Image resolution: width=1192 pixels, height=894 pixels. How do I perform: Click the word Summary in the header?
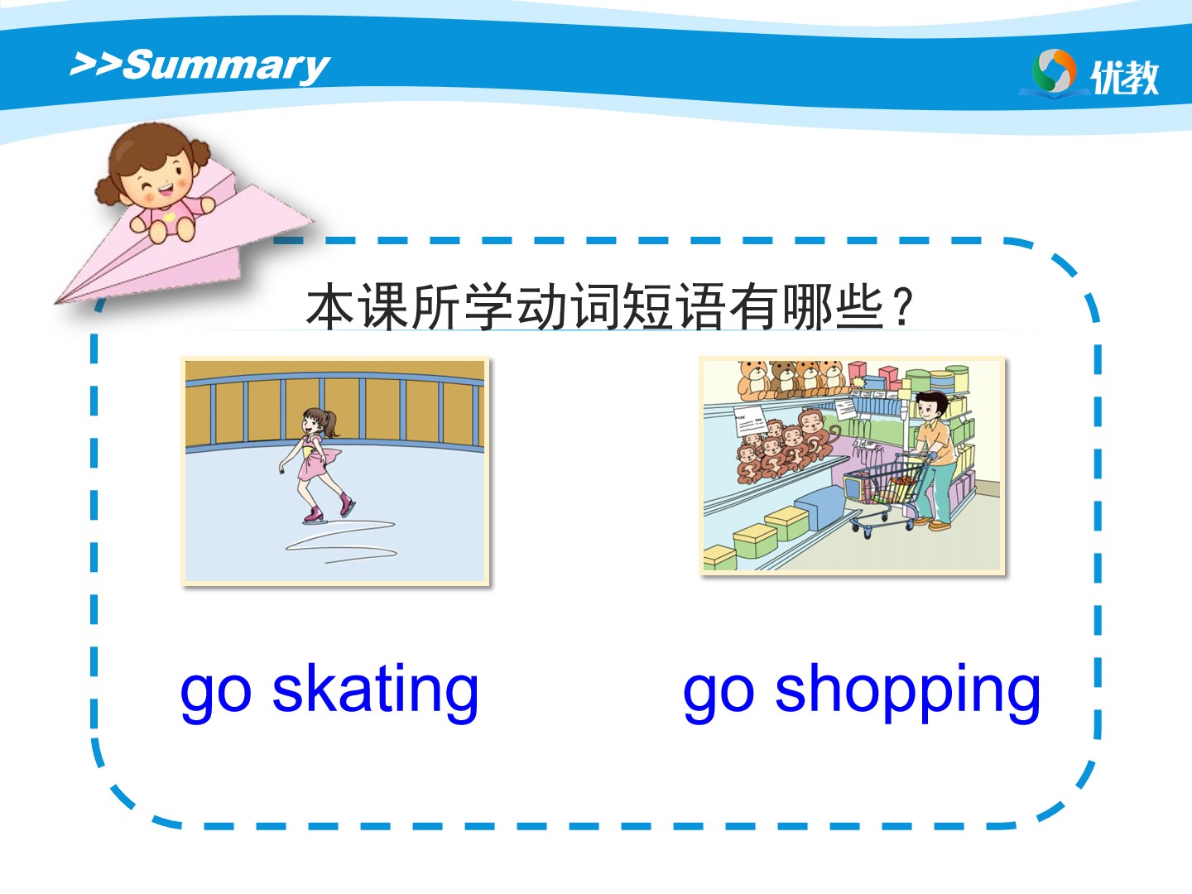pyautogui.click(x=227, y=66)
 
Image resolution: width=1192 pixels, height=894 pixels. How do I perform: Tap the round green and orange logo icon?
pyautogui.click(x=1054, y=71)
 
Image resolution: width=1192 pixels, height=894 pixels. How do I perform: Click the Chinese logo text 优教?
pyautogui.click(x=1125, y=77)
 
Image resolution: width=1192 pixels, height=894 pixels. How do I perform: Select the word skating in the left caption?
pyautogui.click(x=375, y=690)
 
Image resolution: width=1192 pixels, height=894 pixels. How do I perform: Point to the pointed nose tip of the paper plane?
pyautogui.click(x=56, y=302)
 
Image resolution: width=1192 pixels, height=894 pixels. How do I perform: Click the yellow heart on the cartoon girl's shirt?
pyautogui.click(x=169, y=217)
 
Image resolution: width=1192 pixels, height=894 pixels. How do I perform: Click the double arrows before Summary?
pyautogui.click(x=95, y=64)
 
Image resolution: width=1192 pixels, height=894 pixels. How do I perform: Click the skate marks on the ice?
pyautogui.click(x=342, y=541)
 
